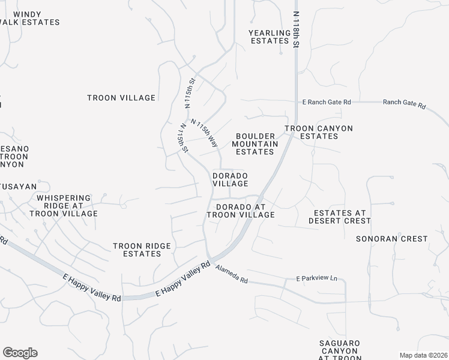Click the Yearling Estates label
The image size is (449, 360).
270,37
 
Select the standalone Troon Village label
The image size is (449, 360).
121,98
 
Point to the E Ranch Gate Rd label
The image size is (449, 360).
326,103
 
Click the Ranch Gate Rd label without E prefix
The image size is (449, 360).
404,104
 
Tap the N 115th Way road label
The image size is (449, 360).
203,133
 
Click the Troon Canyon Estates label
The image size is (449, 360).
318,132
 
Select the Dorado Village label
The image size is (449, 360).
230,179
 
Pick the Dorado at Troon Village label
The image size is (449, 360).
241,210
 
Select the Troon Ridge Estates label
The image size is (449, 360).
142,250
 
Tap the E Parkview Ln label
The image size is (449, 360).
317,279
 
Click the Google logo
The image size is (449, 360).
20,352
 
